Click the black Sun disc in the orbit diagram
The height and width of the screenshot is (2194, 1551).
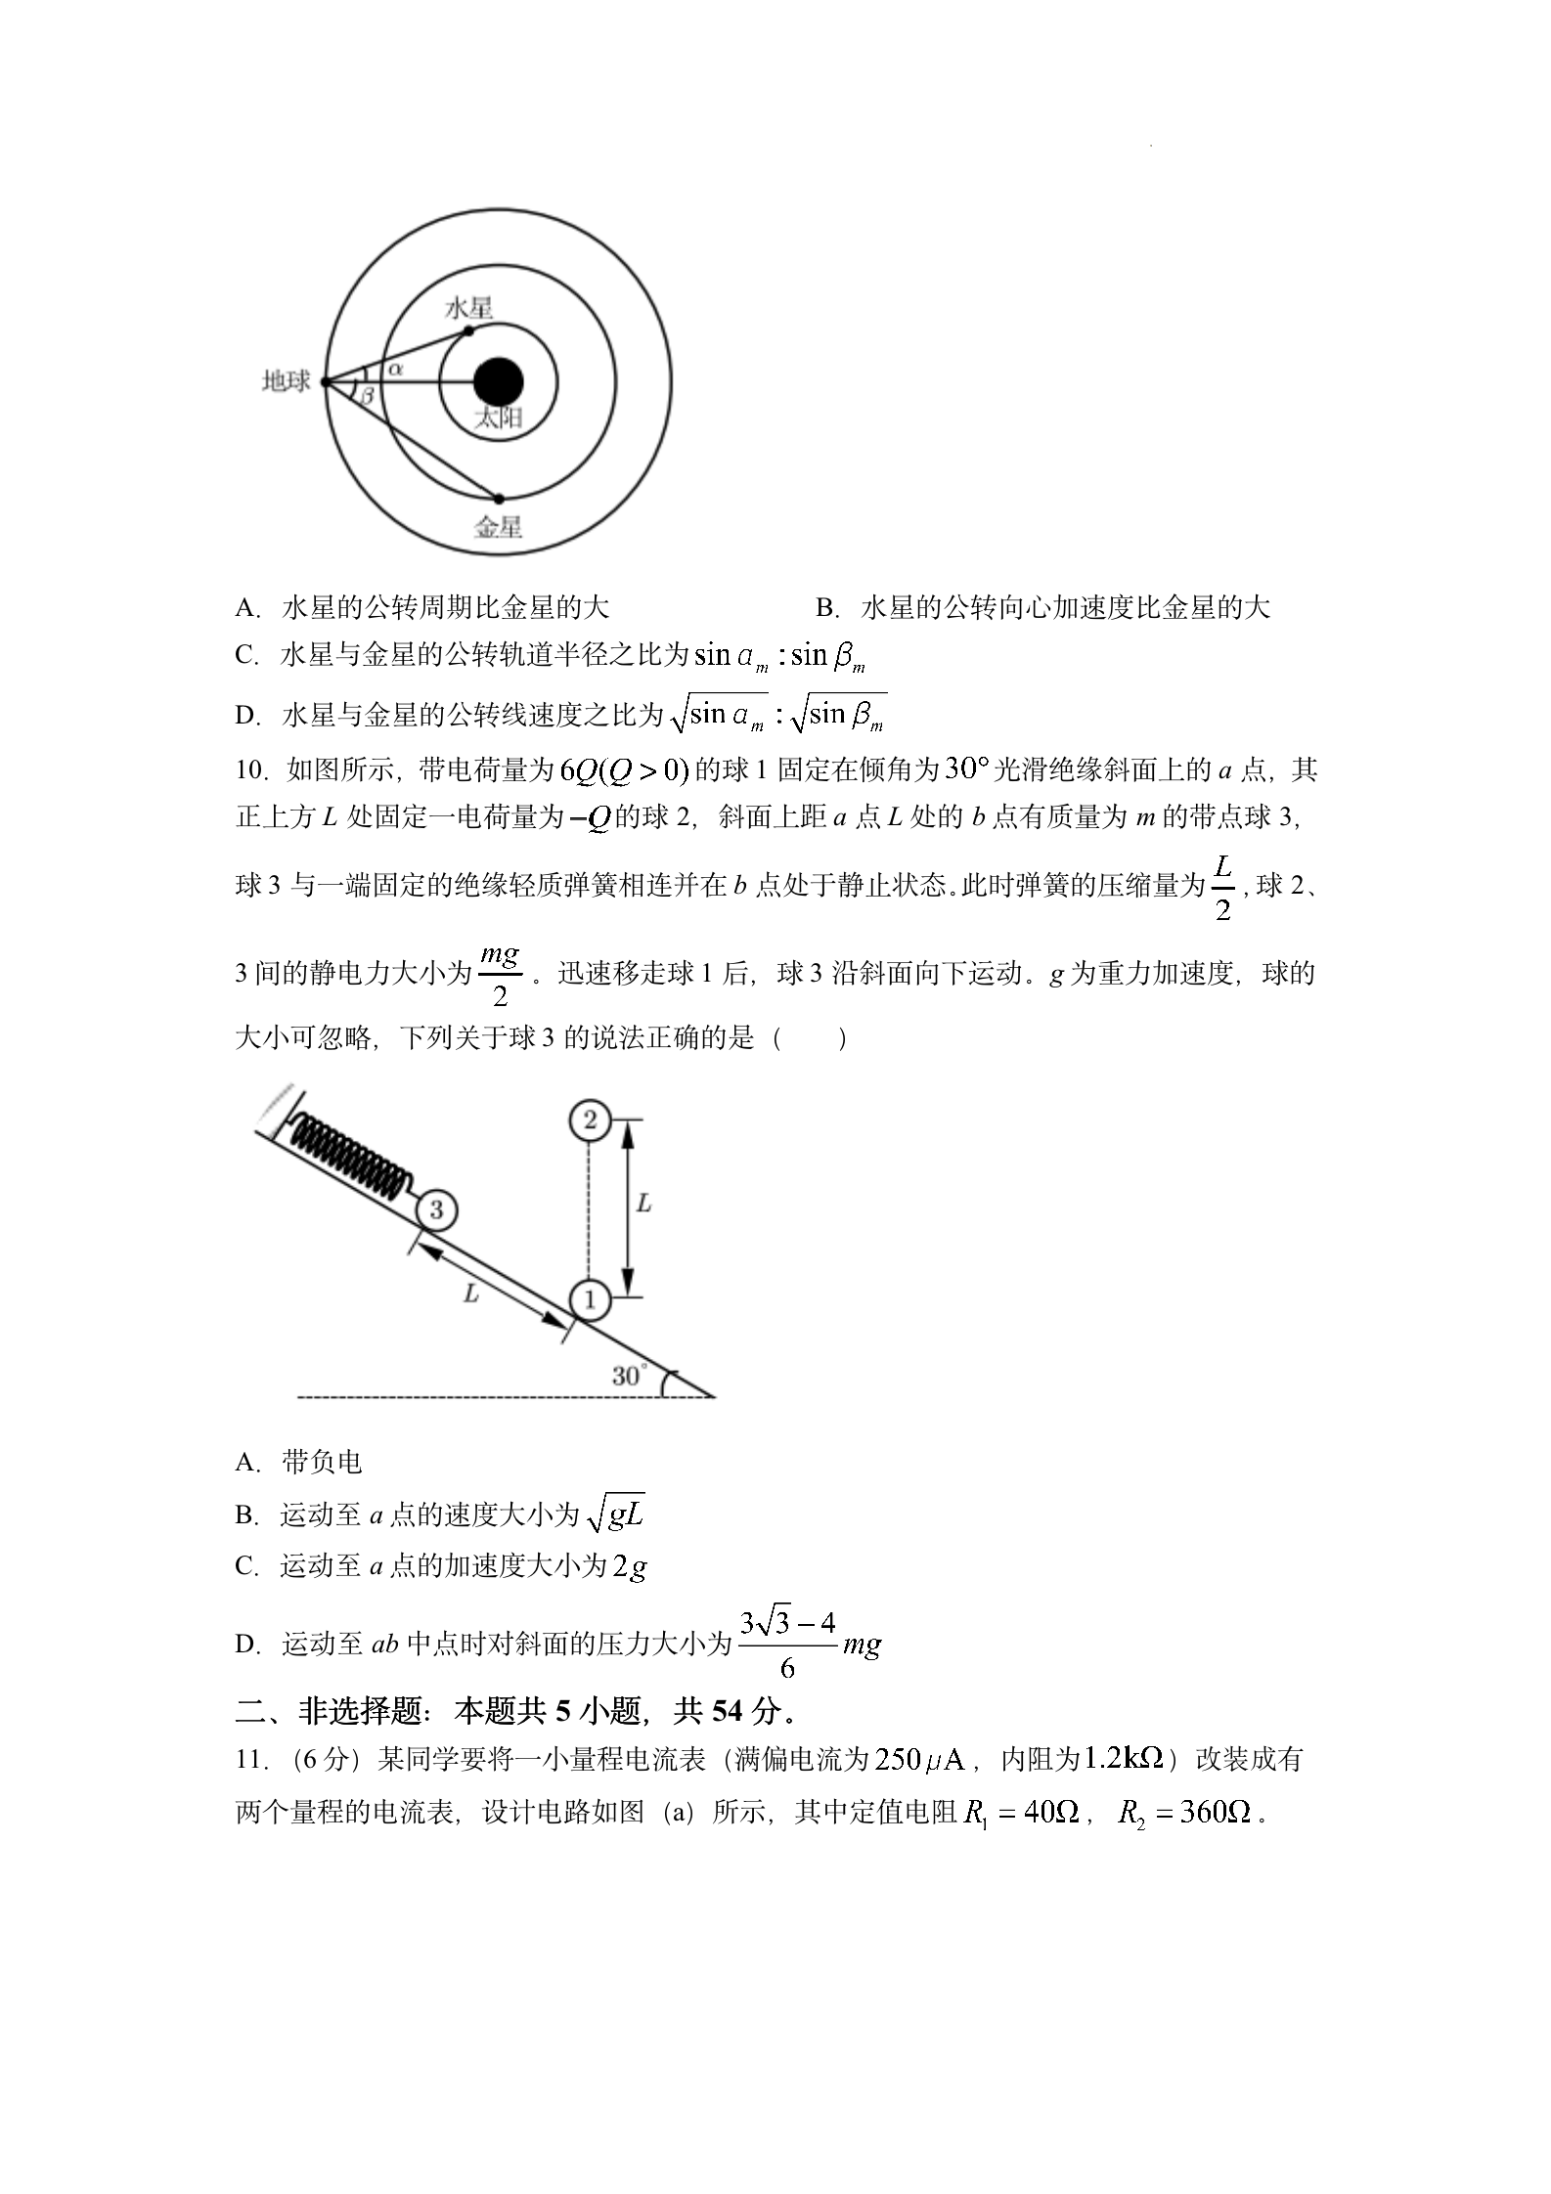click(x=498, y=382)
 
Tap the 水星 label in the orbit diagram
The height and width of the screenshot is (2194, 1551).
click(x=468, y=308)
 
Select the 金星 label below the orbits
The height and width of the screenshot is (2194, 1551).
click(x=498, y=527)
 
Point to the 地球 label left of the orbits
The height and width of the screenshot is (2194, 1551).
click(x=286, y=381)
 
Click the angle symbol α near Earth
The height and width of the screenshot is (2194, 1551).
click(x=395, y=369)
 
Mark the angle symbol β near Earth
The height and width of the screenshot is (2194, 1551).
click(x=367, y=396)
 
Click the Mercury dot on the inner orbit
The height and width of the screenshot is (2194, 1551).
click(x=468, y=330)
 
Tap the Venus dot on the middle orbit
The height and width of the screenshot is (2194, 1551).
click(x=499, y=499)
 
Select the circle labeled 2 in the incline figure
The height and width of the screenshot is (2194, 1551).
click(x=589, y=1119)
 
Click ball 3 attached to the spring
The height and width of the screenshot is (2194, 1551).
click(x=435, y=1210)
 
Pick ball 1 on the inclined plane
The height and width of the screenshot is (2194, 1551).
click(x=589, y=1299)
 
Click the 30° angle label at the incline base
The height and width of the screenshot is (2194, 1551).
click(x=628, y=1376)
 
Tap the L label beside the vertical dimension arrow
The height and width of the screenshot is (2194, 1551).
click(x=643, y=1204)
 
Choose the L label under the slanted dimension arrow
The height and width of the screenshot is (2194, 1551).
click(x=471, y=1294)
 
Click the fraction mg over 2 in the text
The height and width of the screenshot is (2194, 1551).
click(x=500, y=974)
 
